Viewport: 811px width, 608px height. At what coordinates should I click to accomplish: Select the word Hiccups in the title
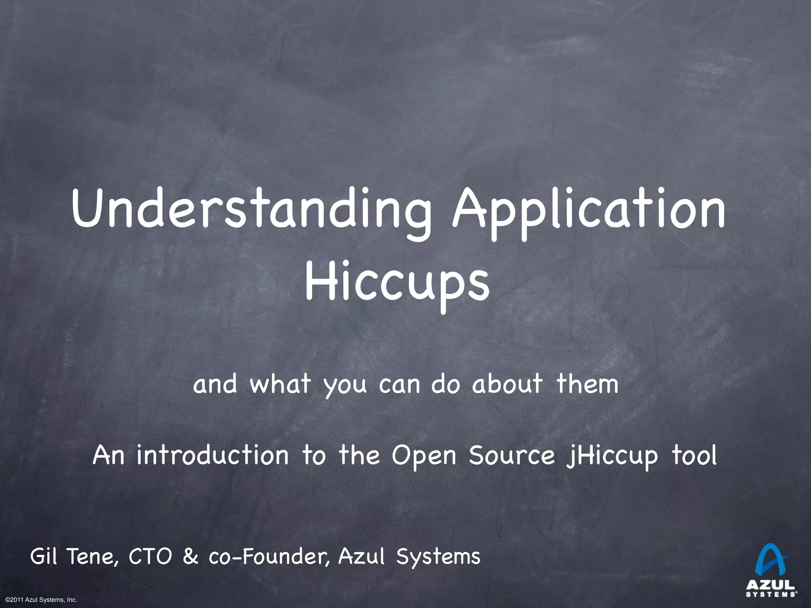click(397, 283)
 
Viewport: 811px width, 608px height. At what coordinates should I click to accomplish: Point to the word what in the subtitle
click(280, 384)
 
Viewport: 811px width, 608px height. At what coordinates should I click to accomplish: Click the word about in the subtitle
click(507, 384)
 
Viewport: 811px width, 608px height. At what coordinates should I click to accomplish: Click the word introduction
click(213, 456)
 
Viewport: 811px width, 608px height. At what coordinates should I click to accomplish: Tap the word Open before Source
click(424, 456)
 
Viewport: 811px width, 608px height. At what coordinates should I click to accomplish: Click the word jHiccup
click(612, 456)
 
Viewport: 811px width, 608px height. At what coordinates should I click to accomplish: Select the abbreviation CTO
click(151, 557)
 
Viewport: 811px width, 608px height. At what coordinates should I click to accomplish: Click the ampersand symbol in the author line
click(190, 557)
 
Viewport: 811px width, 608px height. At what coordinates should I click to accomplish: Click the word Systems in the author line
click(438, 557)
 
